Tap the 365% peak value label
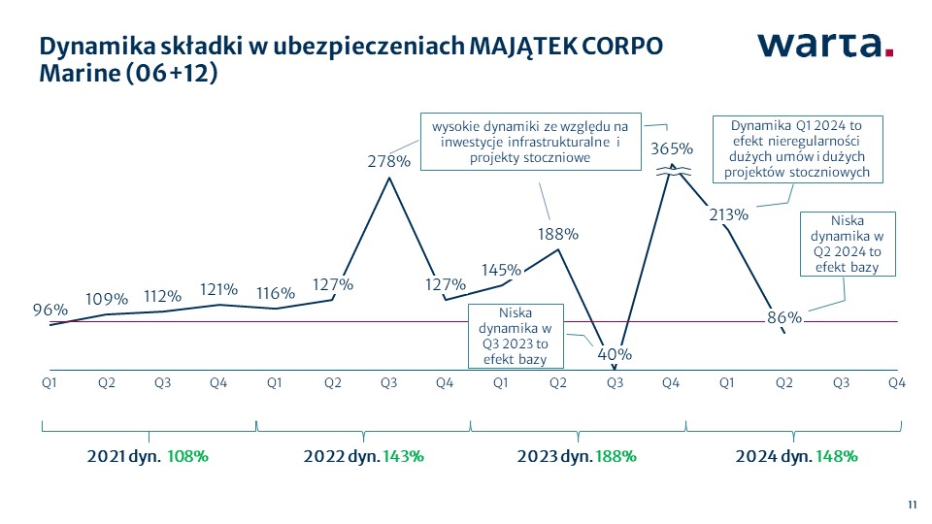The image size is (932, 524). coord(671,148)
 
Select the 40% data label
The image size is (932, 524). coord(615,354)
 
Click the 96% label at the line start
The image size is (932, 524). coord(50,310)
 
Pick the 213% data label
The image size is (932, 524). coord(728,214)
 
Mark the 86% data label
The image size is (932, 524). coord(783,316)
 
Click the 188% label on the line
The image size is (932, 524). coord(558,233)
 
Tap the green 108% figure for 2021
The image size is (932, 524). coord(187,455)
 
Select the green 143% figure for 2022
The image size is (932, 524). coord(403,455)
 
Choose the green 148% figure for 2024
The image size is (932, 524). coord(837,455)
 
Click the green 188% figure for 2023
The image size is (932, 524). coord(616,455)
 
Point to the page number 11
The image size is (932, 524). coord(912,504)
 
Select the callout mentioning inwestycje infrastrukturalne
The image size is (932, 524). coord(531,142)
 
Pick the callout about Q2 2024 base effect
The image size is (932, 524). coord(845,244)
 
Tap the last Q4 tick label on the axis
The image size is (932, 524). coord(897,383)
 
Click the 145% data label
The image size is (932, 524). coord(501,269)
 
